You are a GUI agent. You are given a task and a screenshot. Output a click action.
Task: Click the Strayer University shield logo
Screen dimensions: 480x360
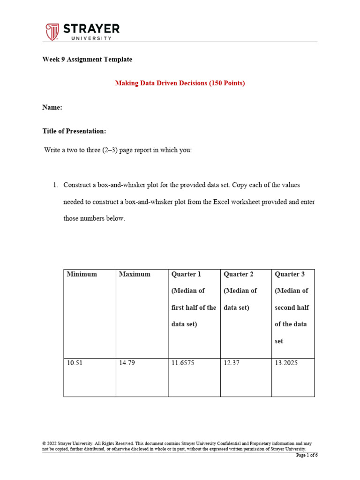pos(52,32)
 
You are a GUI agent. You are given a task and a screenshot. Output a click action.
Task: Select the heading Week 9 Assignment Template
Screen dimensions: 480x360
pos(87,60)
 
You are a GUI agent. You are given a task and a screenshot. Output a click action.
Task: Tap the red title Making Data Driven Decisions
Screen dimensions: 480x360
pos(180,83)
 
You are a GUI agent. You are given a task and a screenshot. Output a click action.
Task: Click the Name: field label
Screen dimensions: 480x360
pos(52,107)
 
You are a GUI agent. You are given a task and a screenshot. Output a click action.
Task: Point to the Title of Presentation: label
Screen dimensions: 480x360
pos(74,131)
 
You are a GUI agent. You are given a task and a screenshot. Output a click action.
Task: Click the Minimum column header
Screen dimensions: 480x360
pos(82,274)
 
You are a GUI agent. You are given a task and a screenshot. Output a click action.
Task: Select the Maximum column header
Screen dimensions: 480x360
pos(135,274)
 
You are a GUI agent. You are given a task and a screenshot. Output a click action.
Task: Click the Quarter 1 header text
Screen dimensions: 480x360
pos(187,274)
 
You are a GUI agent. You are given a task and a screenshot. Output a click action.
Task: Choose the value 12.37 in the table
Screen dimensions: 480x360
pos(232,363)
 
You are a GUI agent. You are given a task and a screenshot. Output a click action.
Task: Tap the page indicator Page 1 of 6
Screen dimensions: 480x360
pos(306,455)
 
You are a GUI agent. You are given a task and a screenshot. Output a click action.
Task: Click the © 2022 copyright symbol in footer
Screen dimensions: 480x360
pos(44,443)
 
